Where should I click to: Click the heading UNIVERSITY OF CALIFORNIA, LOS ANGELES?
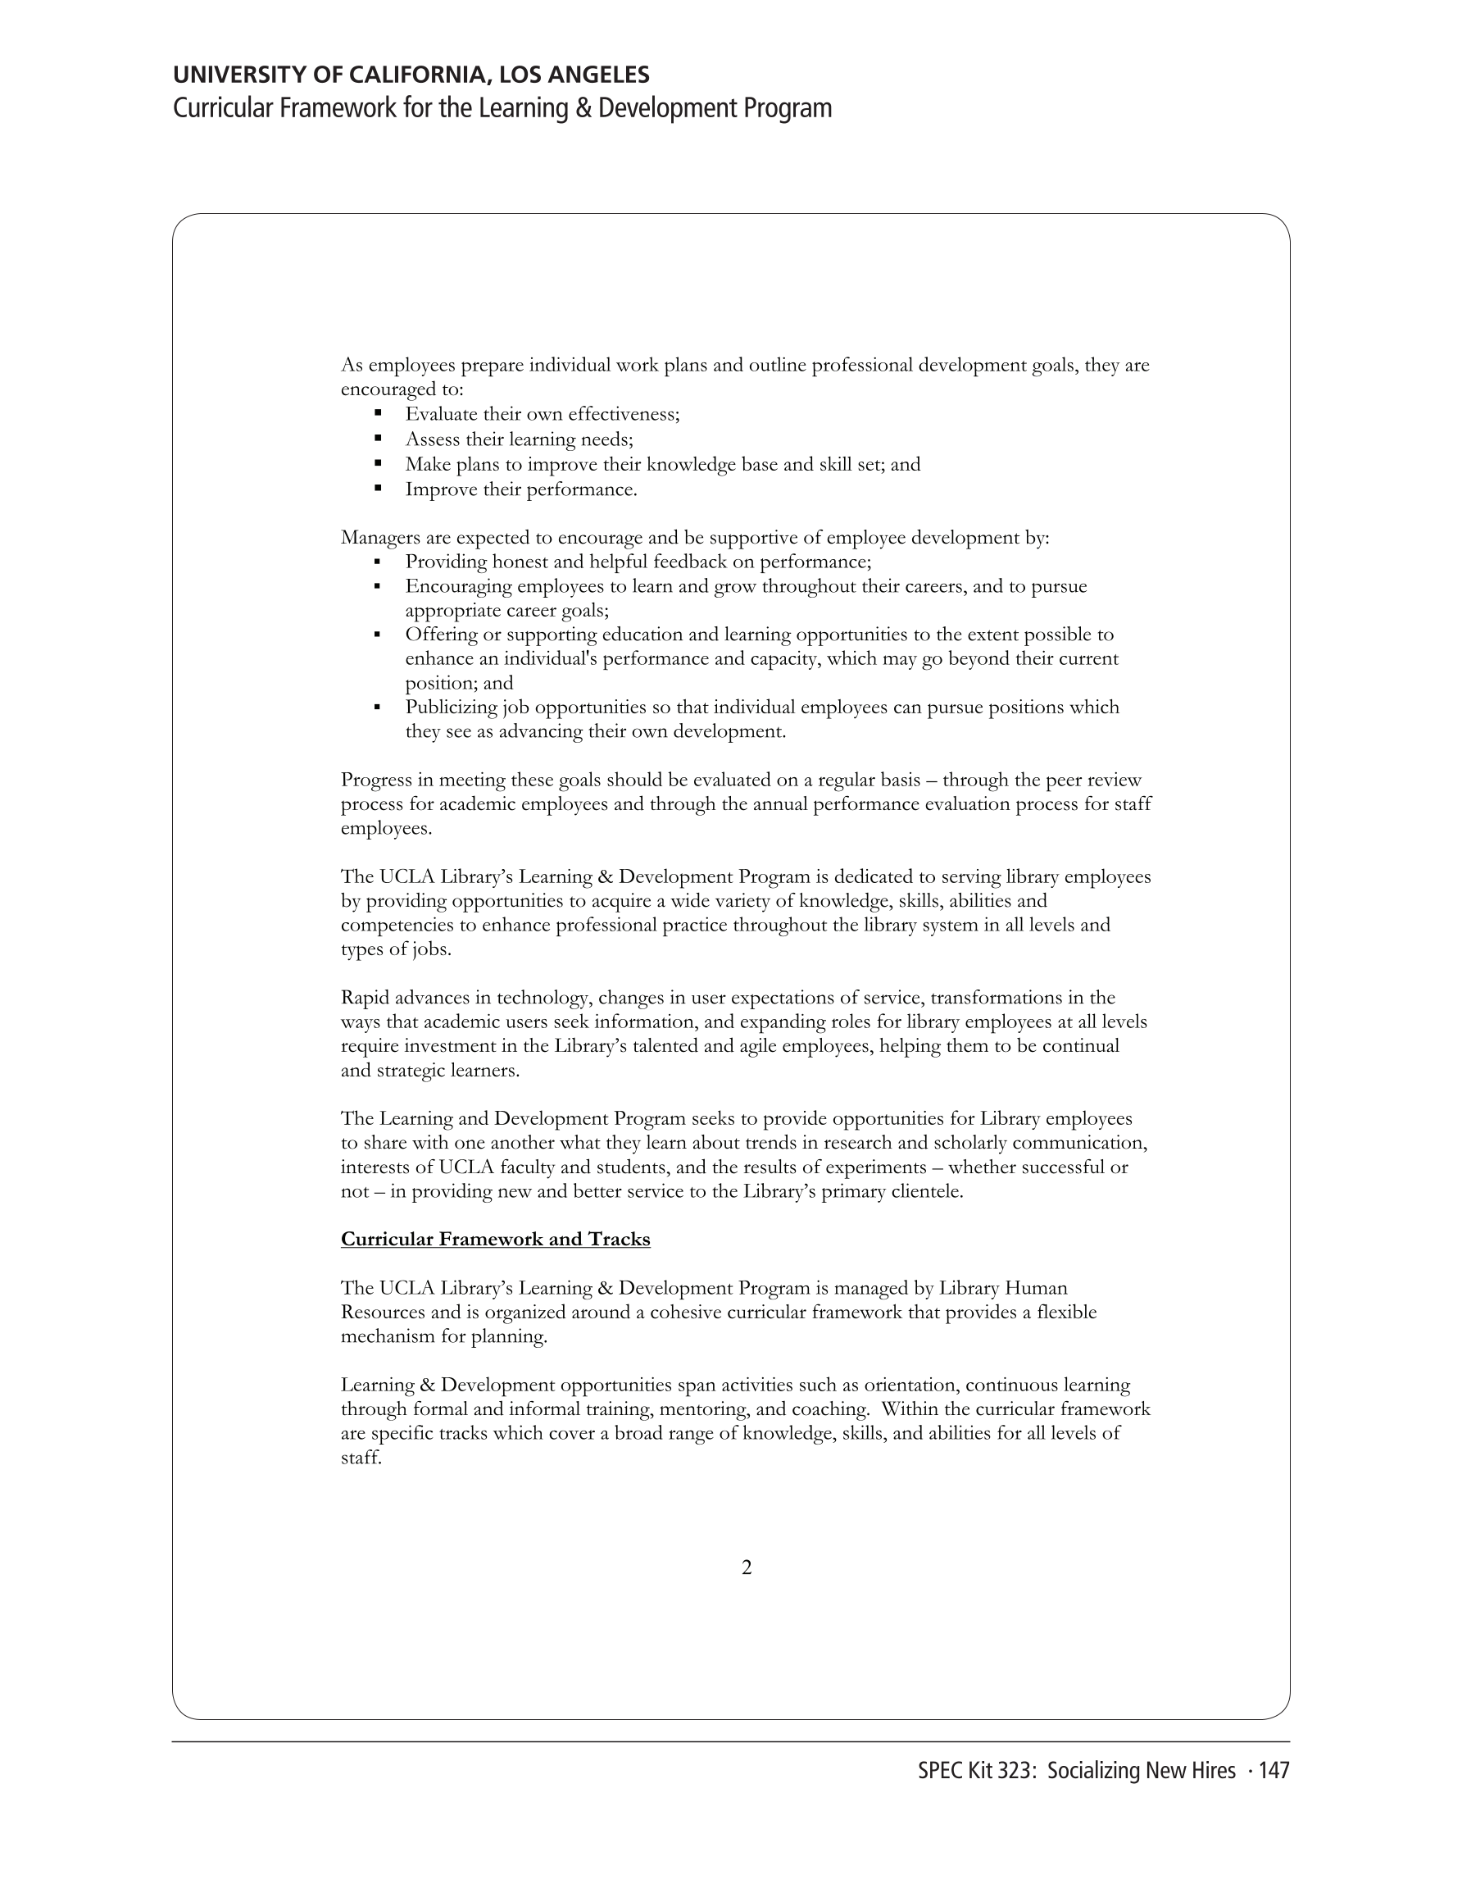[411, 75]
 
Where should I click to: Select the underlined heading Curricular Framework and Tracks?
[495, 1239]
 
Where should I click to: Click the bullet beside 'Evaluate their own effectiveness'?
[378, 414]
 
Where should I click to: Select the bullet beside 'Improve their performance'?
[378, 489]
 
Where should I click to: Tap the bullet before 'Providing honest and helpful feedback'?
[378, 562]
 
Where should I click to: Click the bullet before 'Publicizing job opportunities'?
[378, 708]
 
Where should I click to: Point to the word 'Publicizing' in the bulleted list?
[450, 708]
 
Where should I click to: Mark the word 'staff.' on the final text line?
[361, 1458]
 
